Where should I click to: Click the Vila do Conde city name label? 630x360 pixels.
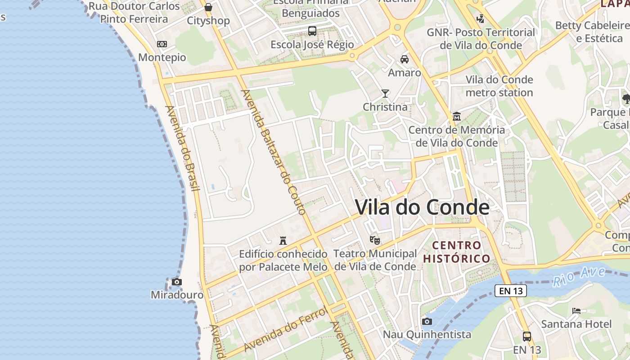tap(422, 207)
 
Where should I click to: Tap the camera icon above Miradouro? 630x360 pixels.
tap(177, 282)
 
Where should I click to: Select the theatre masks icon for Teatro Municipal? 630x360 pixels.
tap(374, 240)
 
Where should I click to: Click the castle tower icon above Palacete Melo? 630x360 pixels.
tap(283, 240)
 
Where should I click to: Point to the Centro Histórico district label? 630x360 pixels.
tap(456, 252)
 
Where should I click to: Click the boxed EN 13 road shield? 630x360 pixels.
tap(511, 291)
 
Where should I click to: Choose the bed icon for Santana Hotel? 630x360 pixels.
tap(576, 310)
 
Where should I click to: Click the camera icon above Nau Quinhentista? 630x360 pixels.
tap(427, 321)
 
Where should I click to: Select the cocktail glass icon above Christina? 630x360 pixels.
tap(385, 94)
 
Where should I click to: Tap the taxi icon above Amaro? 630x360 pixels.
tap(405, 59)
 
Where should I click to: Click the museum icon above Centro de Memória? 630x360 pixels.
tap(457, 117)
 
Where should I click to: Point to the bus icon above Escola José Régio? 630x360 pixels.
tap(312, 31)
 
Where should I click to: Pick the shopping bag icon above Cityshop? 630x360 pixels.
tap(208, 7)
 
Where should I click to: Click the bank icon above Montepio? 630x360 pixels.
tap(162, 44)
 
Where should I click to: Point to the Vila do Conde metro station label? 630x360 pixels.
tap(499, 86)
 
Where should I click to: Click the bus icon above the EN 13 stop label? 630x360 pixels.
tap(527, 336)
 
